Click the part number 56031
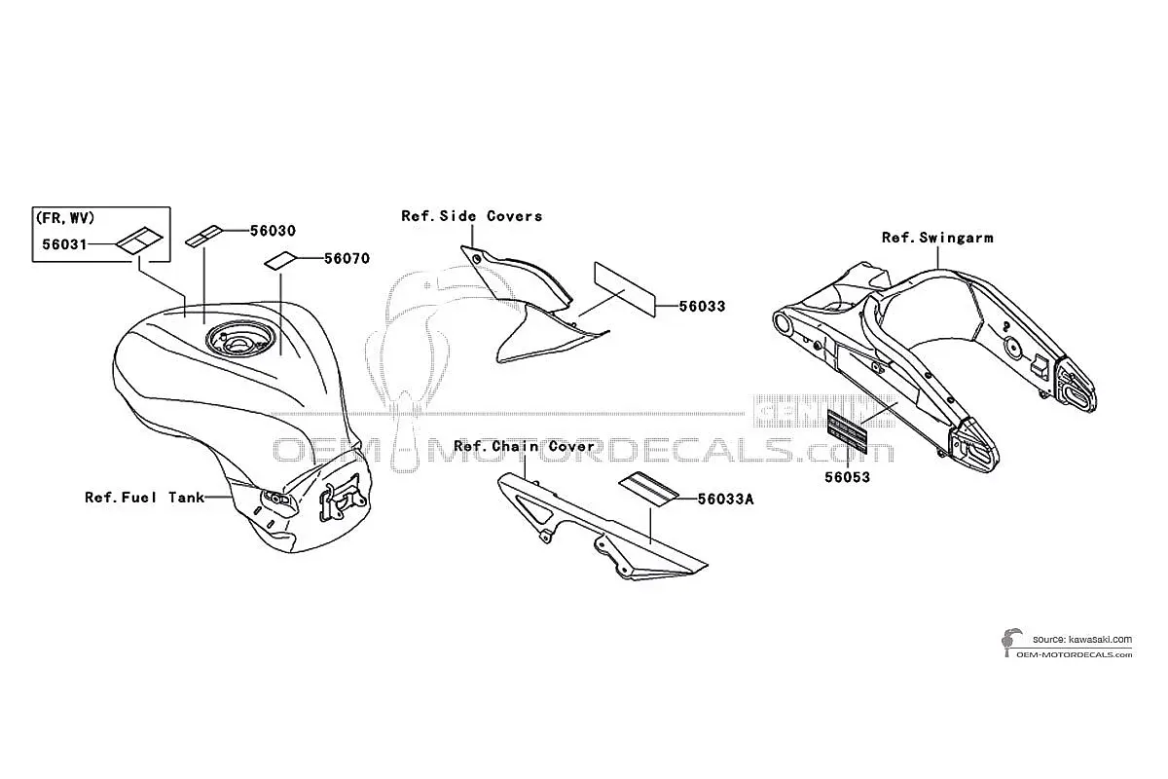pos(64,244)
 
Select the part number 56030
pos(273,231)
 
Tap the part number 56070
pos(347,258)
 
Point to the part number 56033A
pos(725,500)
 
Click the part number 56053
pos(848,477)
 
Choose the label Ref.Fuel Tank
pos(144,498)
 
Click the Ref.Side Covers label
pos(472,216)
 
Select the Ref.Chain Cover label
pos(524,446)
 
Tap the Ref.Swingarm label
pos(937,238)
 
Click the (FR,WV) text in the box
pos(65,218)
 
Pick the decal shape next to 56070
pos(281,261)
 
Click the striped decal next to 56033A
pos(648,490)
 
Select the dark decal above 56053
pos(847,432)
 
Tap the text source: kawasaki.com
pos(1082,639)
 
